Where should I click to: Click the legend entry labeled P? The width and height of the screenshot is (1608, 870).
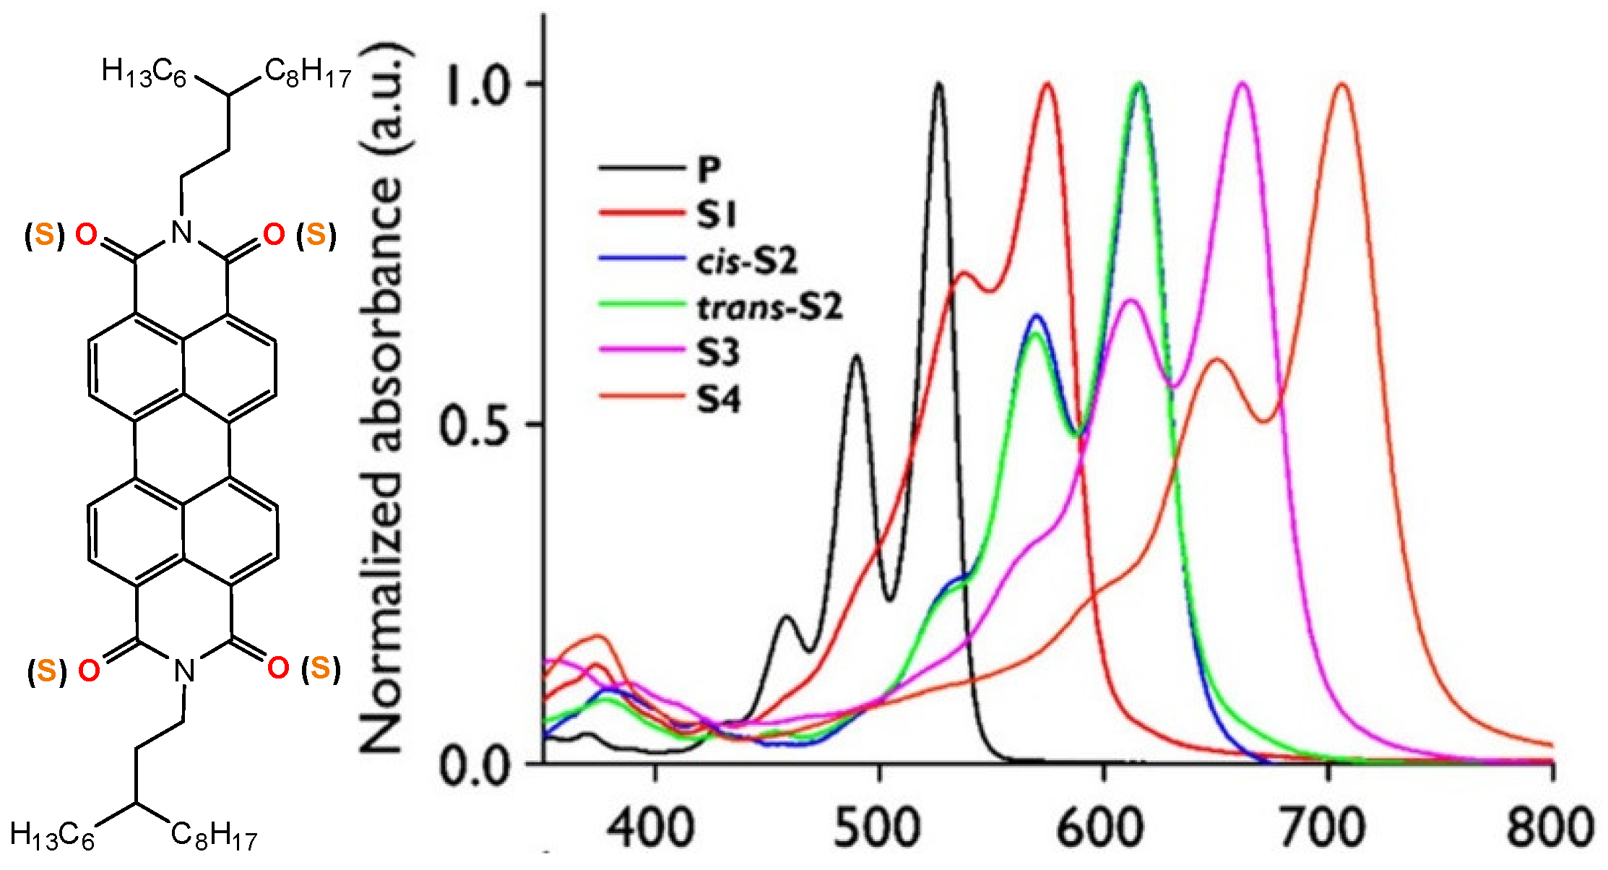tap(709, 169)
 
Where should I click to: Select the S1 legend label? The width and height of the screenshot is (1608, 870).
tap(716, 215)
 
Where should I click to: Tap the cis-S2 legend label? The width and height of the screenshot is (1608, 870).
tap(747, 261)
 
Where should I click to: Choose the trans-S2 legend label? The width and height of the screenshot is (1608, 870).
tap(769, 308)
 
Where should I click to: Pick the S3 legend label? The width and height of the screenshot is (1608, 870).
tap(718, 353)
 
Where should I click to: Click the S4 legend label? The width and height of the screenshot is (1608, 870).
tap(719, 400)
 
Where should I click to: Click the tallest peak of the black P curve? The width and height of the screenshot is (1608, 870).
tap(938, 84)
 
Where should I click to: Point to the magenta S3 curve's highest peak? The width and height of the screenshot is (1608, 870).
tap(1242, 84)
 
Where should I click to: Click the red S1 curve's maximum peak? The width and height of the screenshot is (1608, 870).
tap(1047, 85)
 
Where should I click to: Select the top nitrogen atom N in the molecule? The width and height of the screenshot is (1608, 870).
tap(181, 233)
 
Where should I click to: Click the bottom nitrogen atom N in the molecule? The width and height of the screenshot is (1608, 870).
tap(185, 671)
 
